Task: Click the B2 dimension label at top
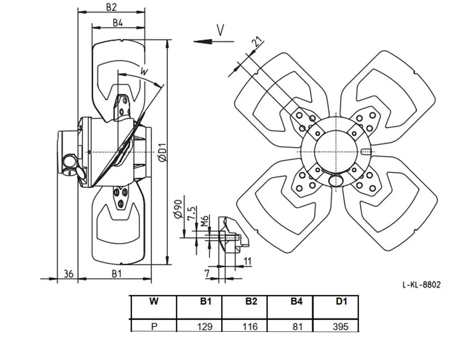tap(111, 7)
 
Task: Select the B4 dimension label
tap(118, 23)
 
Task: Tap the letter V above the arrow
tap(220, 30)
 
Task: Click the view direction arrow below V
tap(214, 42)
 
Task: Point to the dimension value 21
tap(257, 42)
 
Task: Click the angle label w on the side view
tap(144, 72)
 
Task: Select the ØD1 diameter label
tap(162, 152)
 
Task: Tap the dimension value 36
tap(69, 273)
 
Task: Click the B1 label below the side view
tap(117, 273)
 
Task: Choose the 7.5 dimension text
tap(191, 213)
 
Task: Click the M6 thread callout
tap(205, 221)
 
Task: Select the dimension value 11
tap(247, 261)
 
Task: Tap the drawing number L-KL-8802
tap(421, 284)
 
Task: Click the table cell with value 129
tap(205, 326)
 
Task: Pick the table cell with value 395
tap(340, 326)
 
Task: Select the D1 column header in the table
tap(341, 301)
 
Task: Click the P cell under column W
tap(154, 326)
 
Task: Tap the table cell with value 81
tap(298, 326)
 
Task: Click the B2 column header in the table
tap(251, 301)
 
